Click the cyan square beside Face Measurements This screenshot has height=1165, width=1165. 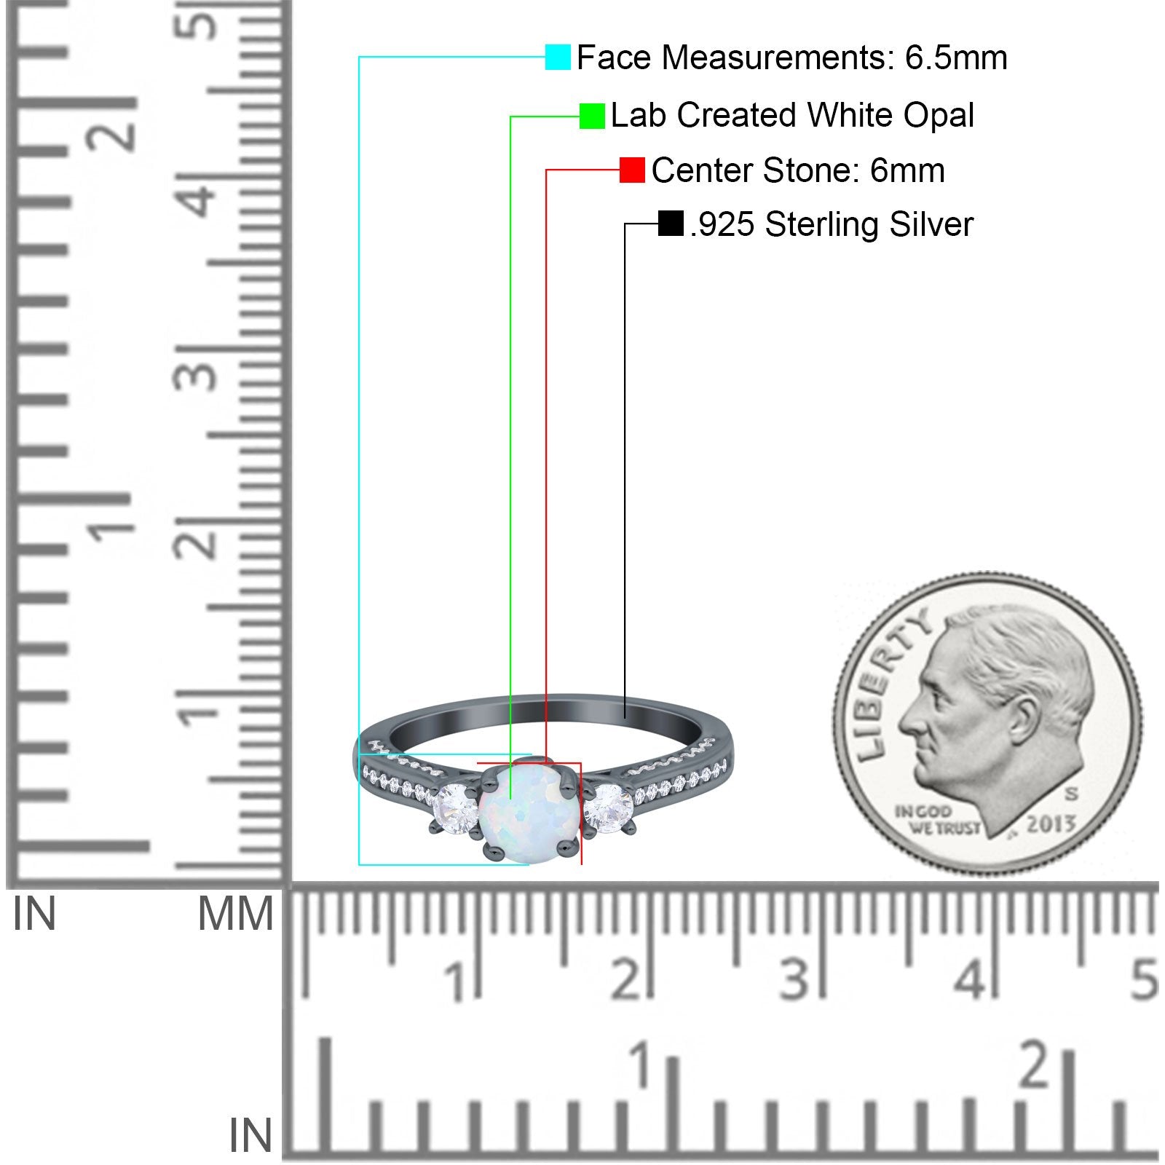pos(558,57)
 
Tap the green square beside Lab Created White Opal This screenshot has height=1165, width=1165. pos(592,116)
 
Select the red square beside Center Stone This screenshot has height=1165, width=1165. pos(632,170)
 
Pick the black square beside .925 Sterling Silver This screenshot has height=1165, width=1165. pos(671,224)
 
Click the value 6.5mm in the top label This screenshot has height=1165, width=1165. pos(956,58)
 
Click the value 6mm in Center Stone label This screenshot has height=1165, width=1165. pos(907,170)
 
